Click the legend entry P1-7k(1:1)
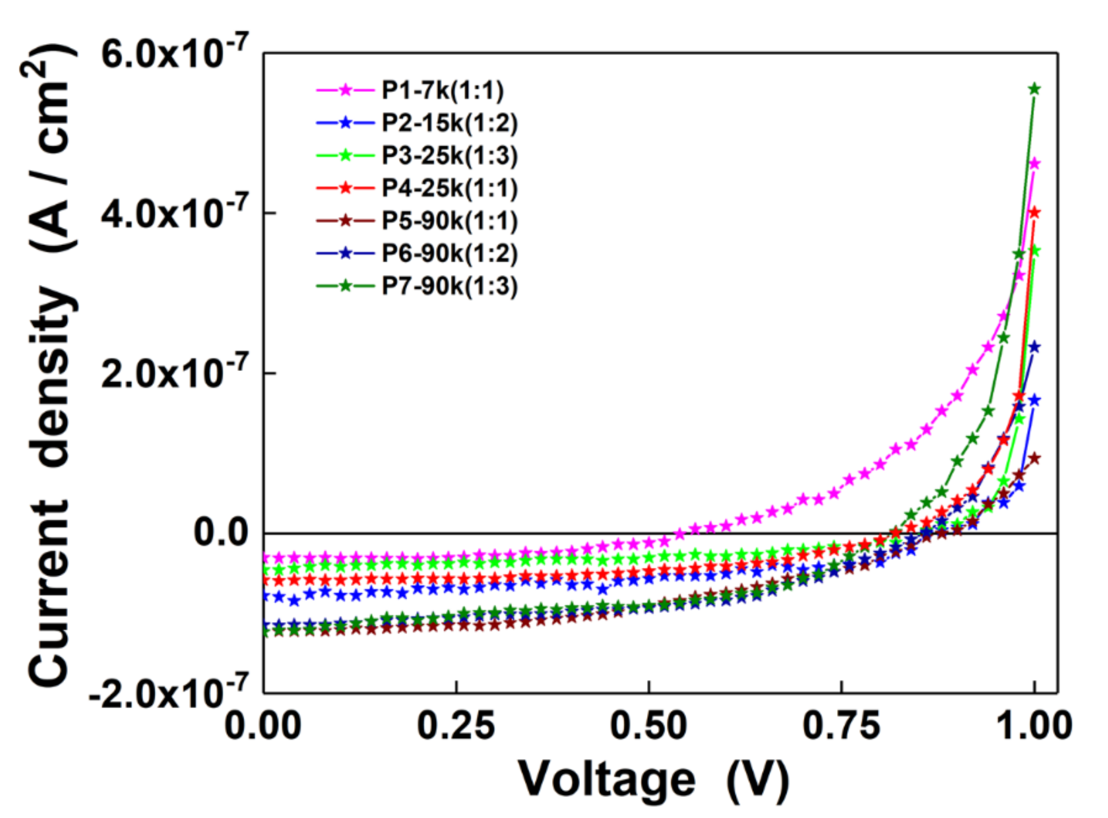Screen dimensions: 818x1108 (442, 90)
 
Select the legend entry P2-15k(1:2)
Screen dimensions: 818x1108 (449, 123)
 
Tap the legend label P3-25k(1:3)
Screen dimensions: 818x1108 (449, 155)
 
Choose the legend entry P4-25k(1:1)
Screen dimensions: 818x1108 (449, 188)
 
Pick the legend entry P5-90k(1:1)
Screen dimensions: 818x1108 (449, 221)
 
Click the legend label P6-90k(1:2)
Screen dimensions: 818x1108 (449, 253)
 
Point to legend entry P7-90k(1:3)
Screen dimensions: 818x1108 (449, 286)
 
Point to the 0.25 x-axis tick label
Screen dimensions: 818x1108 (456, 727)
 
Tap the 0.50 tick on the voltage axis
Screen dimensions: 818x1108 (648, 727)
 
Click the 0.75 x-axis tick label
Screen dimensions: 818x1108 (841, 727)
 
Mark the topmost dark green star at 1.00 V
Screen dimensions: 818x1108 (1034, 89)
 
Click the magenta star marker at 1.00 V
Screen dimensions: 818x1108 (1034, 164)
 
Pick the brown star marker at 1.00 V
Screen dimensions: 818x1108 (1034, 458)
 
